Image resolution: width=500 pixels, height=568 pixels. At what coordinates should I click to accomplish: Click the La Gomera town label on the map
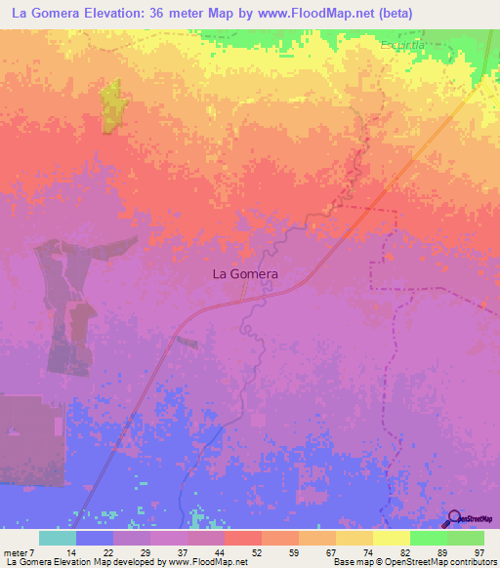point(245,274)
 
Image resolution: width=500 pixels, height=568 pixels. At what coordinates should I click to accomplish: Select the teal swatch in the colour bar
point(57,538)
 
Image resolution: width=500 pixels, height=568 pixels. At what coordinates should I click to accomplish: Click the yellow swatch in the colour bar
point(354,538)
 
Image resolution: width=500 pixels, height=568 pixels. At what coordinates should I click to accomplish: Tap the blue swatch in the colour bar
point(94,538)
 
